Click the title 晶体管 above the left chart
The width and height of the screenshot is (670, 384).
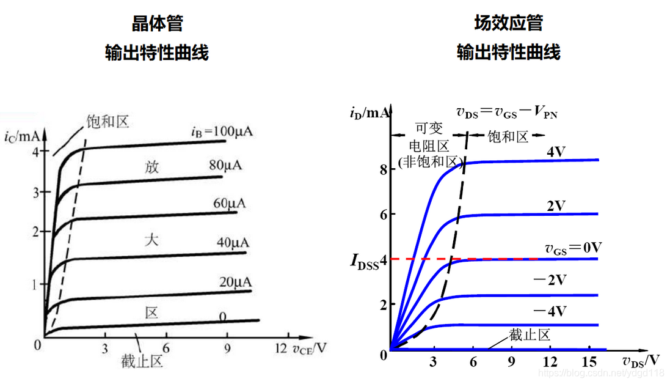tap(157, 23)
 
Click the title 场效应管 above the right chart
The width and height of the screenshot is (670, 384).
tap(509, 23)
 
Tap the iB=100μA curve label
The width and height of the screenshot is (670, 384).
tap(222, 131)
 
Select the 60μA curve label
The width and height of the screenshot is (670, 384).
tap(230, 204)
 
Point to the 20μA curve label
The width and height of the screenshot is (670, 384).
tap(235, 282)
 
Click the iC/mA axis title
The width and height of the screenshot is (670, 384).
tap(21, 136)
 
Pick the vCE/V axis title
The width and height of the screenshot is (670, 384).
tap(310, 349)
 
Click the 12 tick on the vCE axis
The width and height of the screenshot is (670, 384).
tap(281, 348)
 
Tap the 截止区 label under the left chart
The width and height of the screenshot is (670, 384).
tap(142, 361)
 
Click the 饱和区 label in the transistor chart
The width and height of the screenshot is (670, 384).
tap(107, 122)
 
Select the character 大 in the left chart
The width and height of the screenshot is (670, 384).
tap(151, 240)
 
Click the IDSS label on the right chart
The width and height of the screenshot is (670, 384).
tap(365, 260)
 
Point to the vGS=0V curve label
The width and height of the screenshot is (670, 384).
tap(573, 248)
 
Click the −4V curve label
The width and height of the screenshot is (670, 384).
tap(550, 311)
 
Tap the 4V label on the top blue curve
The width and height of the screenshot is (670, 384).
tap(556, 152)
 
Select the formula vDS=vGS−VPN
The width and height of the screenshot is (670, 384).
tap(507, 112)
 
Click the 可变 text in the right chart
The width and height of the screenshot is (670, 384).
tap(429, 127)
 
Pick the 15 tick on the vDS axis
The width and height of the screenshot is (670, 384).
tap(589, 362)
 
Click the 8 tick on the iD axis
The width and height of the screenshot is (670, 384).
tap(384, 170)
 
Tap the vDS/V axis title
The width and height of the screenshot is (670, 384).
tap(641, 361)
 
